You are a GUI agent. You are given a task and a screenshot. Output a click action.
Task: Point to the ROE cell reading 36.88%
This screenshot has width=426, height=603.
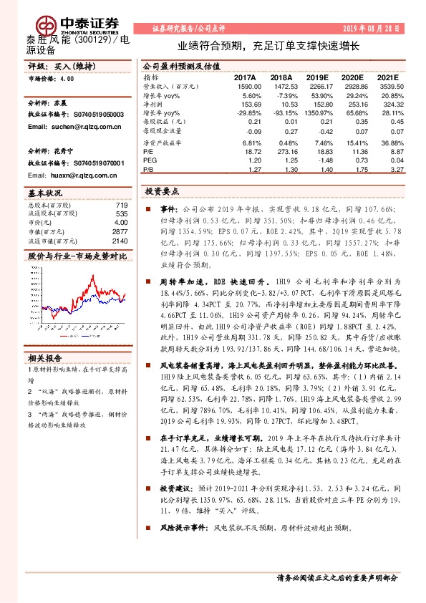[x=391, y=143]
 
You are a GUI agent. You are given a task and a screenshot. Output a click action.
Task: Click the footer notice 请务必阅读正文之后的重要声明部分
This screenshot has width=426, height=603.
[x=337, y=578]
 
